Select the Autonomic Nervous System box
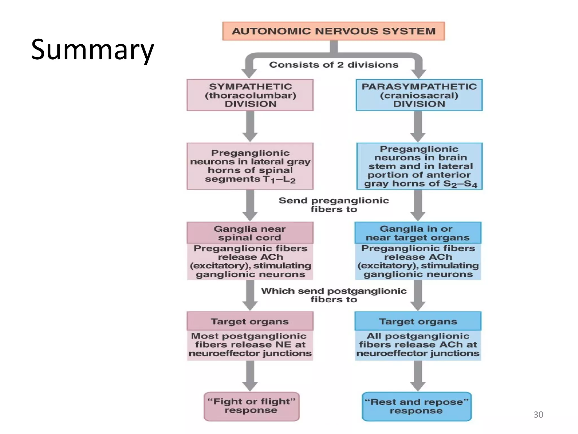click(x=333, y=31)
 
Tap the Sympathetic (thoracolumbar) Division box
click(x=250, y=95)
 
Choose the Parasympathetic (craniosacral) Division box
click(x=419, y=95)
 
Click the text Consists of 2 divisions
click(x=334, y=65)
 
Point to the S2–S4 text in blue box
click(x=460, y=184)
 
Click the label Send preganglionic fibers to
click(x=334, y=205)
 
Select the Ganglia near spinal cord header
click(x=250, y=233)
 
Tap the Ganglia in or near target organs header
click(x=418, y=233)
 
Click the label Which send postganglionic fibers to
click(x=334, y=295)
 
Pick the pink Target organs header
click(x=250, y=321)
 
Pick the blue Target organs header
click(x=418, y=321)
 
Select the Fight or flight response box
click(x=251, y=406)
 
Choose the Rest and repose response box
click(x=417, y=406)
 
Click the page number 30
click(x=538, y=415)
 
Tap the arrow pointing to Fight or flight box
click(x=250, y=376)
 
